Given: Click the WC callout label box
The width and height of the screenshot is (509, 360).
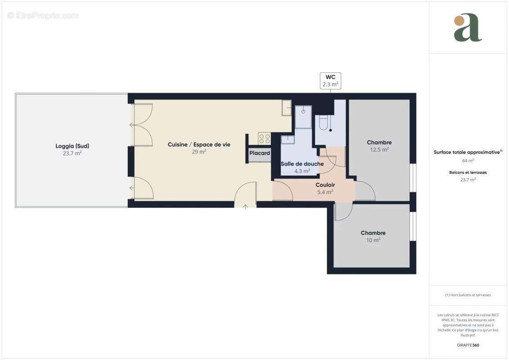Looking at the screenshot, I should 330,81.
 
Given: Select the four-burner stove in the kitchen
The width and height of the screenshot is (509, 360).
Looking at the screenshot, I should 264,139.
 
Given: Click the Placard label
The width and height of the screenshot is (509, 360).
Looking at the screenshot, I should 260,153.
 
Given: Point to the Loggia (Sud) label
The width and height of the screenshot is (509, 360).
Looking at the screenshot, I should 72,146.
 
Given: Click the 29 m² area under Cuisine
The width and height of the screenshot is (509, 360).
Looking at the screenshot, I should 198,152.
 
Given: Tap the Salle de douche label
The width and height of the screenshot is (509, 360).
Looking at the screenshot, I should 302,164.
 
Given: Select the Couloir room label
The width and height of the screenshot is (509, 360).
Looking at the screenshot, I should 325,184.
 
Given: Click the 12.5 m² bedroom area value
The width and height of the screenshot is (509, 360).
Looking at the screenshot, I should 379,150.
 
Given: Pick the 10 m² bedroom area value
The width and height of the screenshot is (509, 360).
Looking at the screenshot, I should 373,240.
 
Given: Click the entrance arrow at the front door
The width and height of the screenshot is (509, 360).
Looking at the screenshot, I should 245,207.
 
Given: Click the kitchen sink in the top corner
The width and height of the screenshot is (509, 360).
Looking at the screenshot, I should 287,108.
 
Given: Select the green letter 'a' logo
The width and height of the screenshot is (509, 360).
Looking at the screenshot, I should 468,28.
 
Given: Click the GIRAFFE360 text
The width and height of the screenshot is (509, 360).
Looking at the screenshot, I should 468,345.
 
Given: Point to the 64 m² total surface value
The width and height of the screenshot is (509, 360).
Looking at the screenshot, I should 468,160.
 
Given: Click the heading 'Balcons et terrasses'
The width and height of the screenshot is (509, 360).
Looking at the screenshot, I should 468,172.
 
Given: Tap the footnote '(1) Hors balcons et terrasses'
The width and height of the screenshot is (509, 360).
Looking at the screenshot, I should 468,295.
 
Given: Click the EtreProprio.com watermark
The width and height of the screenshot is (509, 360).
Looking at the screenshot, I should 43,15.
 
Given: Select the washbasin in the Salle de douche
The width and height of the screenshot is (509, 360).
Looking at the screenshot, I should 287,139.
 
